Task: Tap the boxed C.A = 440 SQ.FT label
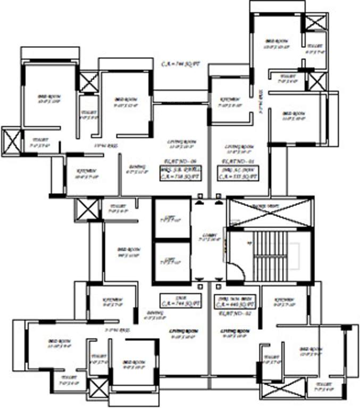tap(236, 302)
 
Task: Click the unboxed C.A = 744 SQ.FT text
tap(181, 64)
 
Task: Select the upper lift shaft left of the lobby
tap(171, 218)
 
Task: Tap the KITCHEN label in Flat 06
tap(87, 173)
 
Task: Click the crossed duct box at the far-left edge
tap(11, 141)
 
